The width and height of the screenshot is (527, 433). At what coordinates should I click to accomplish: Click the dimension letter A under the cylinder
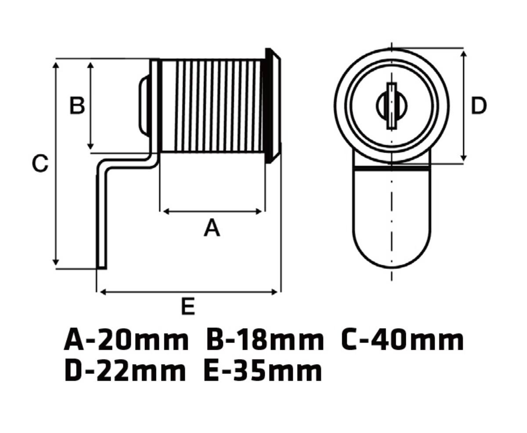click(212, 228)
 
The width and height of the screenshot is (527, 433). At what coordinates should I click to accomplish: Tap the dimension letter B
click(77, 106)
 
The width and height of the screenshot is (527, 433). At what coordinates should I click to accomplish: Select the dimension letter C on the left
click(40, 164)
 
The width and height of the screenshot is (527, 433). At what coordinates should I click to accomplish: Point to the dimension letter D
click(479, 106)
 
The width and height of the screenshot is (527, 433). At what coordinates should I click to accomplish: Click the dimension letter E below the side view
click(188, 306)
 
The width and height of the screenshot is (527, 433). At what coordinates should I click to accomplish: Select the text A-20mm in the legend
click(126, 341)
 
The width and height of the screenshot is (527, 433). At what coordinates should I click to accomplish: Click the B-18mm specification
click(265, 341)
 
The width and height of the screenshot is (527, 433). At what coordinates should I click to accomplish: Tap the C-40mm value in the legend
click(402, 341)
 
